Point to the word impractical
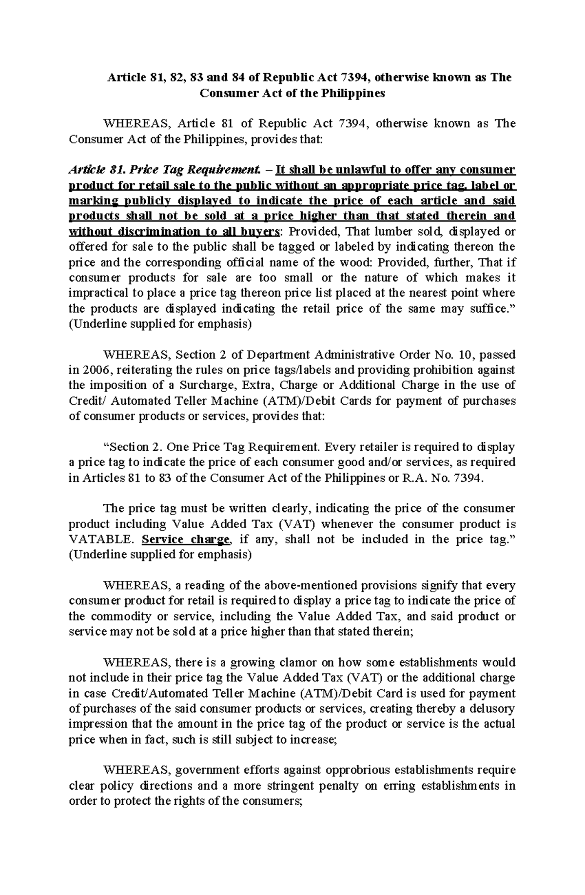click(97, 293)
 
